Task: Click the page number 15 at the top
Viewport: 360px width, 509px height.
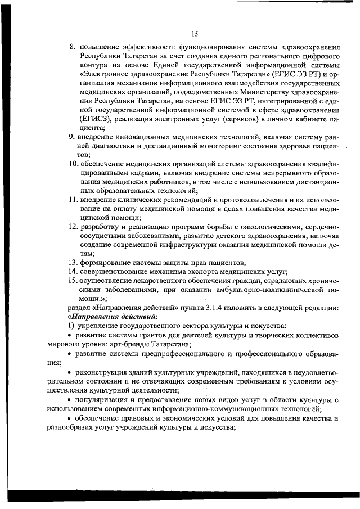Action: (x=195, y=34)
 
